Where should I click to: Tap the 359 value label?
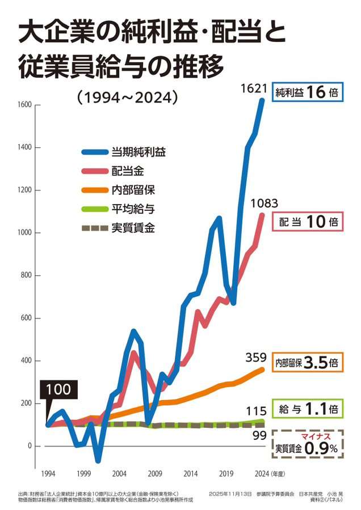(x=256, y=358)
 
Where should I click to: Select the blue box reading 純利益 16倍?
(x=307, y=92)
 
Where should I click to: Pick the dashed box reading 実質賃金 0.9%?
(x=307, y=444)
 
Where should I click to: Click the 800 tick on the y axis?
(x=27, y=276)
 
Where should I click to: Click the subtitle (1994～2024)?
(x=127, y=97)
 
